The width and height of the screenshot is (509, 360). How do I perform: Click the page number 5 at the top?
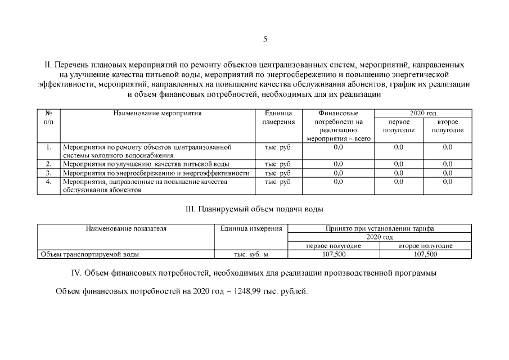click(265, 39)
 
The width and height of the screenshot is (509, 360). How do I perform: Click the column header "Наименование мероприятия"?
click(157, 113)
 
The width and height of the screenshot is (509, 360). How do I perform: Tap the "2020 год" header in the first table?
click(423, 113)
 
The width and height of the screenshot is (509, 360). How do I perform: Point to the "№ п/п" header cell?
click(48, 118)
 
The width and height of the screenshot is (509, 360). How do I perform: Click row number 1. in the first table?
click(48, 147)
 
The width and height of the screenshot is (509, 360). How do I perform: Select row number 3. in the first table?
click(48, 173)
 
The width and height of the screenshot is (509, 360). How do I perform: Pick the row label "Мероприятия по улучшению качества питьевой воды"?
click(146, 164)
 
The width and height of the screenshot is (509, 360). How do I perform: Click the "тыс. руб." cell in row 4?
click(278, 182)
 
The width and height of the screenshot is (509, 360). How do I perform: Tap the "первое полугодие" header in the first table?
click(398, 126)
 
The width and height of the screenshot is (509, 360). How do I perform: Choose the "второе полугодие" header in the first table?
click(448, 126)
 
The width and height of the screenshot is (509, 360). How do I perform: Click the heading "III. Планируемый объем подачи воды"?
click(254, 209)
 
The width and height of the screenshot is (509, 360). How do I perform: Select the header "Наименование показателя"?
click(126, 229)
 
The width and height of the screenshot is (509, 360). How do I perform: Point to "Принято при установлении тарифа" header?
click(380, 229)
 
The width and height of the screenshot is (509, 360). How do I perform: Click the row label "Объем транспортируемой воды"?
click(89, 254)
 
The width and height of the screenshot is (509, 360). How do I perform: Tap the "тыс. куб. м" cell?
click(251, 255)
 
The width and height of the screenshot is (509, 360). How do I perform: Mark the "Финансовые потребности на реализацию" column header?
click(339, 126)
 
